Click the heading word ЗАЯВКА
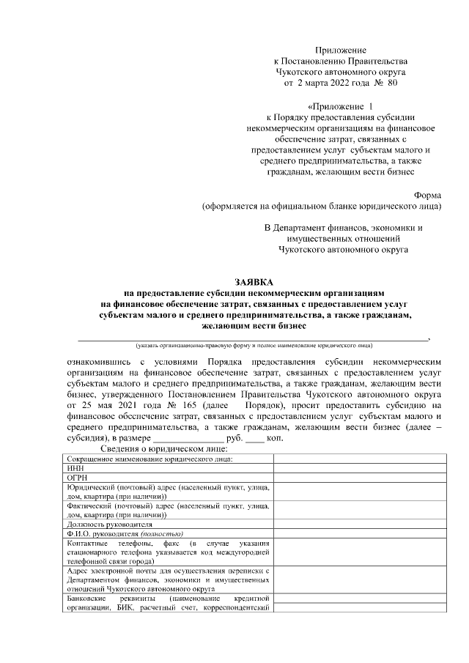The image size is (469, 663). click(254, 281)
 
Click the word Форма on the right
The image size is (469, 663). click(428, 196)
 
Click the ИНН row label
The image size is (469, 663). click(75, 467)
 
